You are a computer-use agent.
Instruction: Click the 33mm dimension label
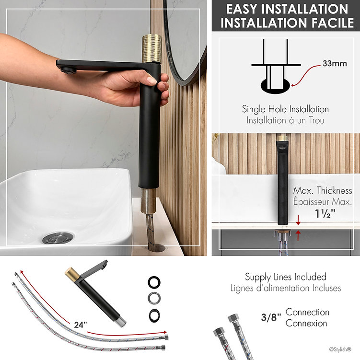pos(335,63)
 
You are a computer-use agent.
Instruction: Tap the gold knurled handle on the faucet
pos(152,48)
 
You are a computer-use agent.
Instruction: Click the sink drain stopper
pos(58,238)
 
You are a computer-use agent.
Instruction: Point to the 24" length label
pos(81,325)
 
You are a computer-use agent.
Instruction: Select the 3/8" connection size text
pos(271,317)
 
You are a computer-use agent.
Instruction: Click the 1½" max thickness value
pos(325,213)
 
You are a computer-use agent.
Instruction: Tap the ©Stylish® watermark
pos(340,349)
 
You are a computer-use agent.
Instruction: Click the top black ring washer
pos(154,282)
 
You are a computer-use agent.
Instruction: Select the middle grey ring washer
pos(154,298)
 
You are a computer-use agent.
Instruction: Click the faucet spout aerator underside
pos(68,70)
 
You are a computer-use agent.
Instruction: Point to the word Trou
pos(316,120)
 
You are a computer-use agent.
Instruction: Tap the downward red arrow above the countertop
pos(298,220)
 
